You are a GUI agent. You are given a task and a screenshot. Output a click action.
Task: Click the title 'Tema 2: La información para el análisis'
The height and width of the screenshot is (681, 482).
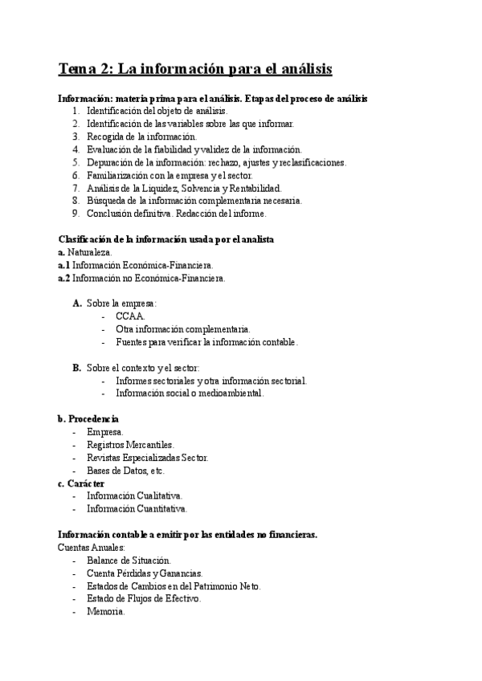[x=196, y=69]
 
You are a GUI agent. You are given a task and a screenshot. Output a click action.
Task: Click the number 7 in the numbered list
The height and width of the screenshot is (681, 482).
[x=75, y=188]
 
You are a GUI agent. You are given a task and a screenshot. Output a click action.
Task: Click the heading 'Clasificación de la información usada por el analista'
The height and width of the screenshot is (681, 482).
[x=166, y=239]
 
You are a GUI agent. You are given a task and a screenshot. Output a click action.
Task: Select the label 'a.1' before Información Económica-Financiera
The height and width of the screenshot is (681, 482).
[x=64, y=265]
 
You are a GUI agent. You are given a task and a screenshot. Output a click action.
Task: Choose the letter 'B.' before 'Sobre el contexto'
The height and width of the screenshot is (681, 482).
[x=76, y=368]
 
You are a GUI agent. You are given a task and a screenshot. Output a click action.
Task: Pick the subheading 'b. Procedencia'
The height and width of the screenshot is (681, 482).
[x=88, y=419]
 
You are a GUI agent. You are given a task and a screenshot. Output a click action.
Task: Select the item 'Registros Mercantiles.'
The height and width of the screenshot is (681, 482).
[x=130, y=445]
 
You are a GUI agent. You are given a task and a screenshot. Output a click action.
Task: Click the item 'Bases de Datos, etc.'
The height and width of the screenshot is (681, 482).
[x=125, y=471]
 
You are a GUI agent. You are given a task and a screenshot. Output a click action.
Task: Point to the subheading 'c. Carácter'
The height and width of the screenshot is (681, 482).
[x=81, y=483]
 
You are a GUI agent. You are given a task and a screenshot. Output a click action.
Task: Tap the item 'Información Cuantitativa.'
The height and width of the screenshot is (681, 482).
[x=137, y=509]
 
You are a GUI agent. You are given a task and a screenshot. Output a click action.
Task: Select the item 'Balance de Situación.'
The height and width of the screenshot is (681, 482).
[x=129, y=561]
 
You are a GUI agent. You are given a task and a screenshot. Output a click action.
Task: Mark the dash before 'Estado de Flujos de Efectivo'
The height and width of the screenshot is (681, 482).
[x=74, y=599]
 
